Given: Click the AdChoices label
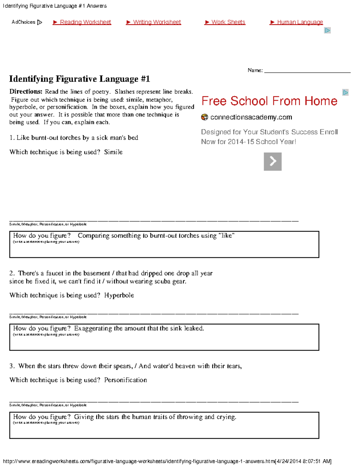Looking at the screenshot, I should [23, 22].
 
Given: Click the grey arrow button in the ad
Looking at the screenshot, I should [272, 161].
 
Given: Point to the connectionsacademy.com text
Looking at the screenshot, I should [251, 117].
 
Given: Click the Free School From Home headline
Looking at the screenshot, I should [269, 101].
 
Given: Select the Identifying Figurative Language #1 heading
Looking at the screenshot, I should [79, 79].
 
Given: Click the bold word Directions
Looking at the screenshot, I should [26, 92].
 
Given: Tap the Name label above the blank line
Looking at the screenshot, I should [255, 70].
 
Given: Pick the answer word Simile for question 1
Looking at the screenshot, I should [113, 152].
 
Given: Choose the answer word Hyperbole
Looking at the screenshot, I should [119, 295].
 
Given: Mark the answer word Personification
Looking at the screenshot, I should [125, 380].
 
